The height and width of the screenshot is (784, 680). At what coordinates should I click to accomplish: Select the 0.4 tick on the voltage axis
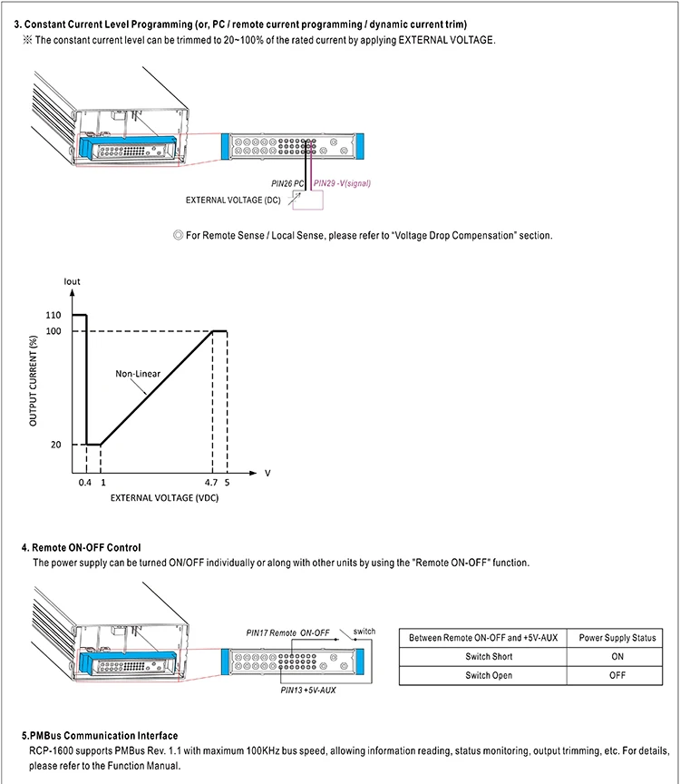click(84, 483)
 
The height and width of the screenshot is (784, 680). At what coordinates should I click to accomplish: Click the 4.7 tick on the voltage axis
click(210, 483)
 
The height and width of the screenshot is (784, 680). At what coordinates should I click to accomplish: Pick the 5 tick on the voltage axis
click(227, 483)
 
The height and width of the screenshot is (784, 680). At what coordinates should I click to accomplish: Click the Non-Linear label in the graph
click(137, 373)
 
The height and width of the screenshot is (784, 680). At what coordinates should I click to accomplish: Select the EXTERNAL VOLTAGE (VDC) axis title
click(164, 498)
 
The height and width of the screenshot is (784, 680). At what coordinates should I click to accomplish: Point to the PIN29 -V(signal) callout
click(342, 182)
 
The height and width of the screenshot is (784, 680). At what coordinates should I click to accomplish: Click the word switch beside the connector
click(364, 631)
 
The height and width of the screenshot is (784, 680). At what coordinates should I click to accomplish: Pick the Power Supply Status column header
click(617, 638)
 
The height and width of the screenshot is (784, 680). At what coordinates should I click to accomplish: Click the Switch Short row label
click(490, 656)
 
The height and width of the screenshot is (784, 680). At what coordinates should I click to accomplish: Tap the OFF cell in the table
click(617, 675)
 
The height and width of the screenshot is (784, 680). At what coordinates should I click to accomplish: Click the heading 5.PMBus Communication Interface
click(100, 735)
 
